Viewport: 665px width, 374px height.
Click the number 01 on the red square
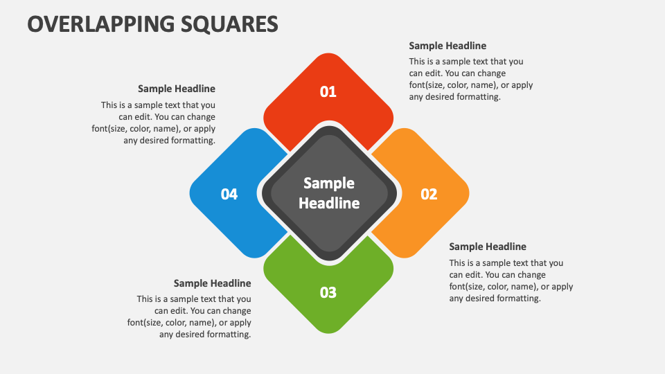click(328, 91)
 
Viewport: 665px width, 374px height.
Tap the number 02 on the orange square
click(429, 194)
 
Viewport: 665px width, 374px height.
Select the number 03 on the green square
click(328, 292)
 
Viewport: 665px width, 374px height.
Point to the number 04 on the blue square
click(229, 194)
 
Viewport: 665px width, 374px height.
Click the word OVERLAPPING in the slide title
click(100, 24)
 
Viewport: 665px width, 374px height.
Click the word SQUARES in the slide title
click(229, 24)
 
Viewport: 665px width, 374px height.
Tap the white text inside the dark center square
click(329, 193)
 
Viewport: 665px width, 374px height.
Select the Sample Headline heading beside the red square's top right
click(447, 46)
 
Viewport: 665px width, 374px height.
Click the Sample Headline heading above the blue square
click(177, 89)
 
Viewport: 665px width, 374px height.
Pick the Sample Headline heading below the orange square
click(488, 247)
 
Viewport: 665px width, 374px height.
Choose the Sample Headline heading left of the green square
click(212, 283)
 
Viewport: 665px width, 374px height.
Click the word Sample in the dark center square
click(329, 183)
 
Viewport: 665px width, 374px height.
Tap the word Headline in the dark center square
click(329, 203)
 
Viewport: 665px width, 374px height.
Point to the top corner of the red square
click(328, 53)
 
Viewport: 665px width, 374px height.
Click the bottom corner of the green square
click(328, 333)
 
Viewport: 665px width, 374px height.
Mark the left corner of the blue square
click(190, 193)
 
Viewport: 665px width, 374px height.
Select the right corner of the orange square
click(469, 193)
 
